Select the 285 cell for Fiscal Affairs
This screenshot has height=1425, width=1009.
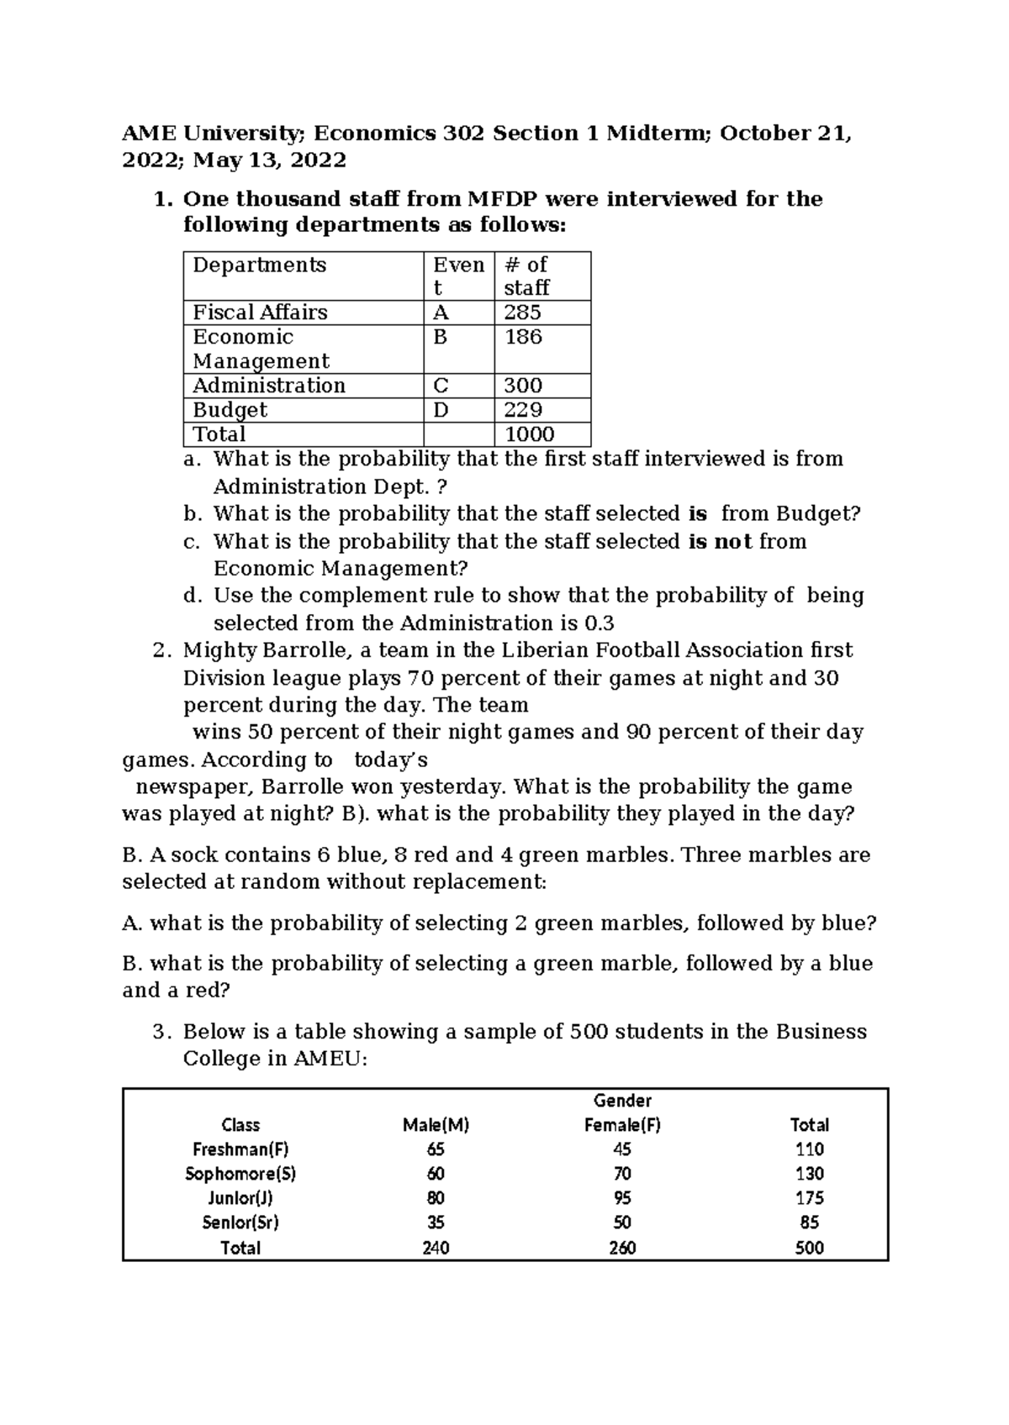[523, 313]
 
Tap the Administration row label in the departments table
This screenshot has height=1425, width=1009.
[269, 386]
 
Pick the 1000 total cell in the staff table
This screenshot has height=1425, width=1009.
[529, 434]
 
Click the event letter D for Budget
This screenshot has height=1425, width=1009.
[441, 410]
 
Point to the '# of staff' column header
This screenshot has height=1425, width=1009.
[526, 276]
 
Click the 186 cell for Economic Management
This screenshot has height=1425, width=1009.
[523, 337]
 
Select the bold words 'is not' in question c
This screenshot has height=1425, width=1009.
[720, 541]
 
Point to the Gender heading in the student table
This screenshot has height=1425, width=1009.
[622, 1101]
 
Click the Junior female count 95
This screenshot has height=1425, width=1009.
[622, 1198]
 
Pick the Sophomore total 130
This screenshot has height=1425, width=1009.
[809, 1174]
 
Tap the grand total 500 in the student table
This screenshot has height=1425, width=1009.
[809, 1248]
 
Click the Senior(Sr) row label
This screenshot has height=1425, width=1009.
[240, 1223]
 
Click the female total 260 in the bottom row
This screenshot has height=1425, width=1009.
[622, 1248]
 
